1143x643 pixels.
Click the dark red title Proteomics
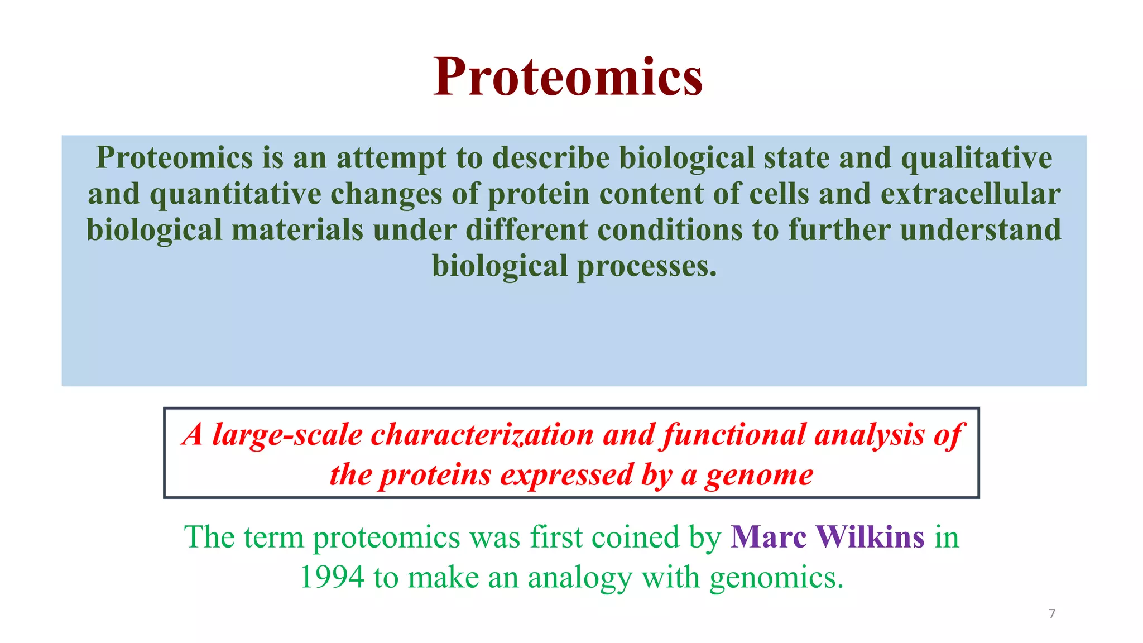pos(568,77)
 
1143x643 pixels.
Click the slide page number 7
pos(1052,614)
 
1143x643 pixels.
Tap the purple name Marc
pos(769,537)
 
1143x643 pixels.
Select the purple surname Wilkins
pos(870,537)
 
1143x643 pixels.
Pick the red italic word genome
pos(759,475)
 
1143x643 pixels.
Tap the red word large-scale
pos(287,435)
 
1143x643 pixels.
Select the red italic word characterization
pos(482,435)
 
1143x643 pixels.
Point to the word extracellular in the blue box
pos(971,194)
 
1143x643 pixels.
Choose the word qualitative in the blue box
pos(977,157)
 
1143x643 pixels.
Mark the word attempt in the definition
pos(391,157)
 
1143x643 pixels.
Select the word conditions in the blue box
pos(670,229)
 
